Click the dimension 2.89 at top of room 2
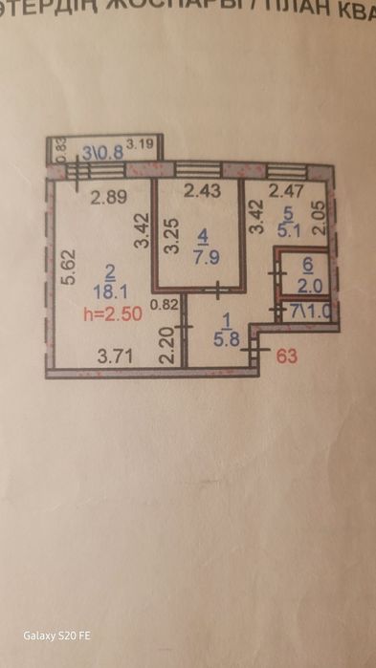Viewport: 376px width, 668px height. (109, 199)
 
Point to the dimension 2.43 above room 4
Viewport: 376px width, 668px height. (202, 191)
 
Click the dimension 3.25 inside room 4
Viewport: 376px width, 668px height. (172, 235)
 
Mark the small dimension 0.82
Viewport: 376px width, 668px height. (166, 306)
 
